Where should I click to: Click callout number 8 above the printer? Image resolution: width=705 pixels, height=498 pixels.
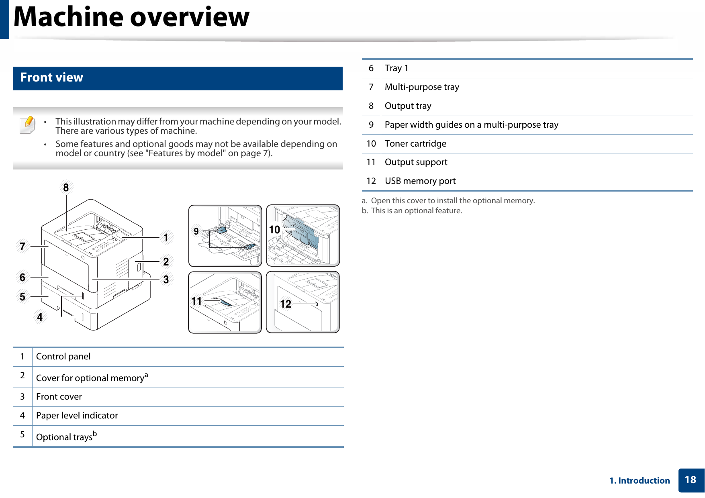tap(66, 188)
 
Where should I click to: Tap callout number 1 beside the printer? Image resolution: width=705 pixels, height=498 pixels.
tap(166, 237)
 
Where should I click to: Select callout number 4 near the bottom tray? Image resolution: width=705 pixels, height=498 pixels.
tap(40, 317)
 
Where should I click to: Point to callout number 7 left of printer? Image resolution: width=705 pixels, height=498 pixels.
tap(22, 246)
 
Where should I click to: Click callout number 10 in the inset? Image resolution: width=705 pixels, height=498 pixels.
tap(274, 230)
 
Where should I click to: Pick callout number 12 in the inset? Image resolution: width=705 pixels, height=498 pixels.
tap(286, 304)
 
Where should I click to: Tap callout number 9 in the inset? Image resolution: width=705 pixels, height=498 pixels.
tap(196, 231)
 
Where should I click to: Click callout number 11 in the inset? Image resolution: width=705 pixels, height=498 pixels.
tap(196, 301)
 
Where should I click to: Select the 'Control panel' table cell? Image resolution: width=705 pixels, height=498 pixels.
tap(63, 357)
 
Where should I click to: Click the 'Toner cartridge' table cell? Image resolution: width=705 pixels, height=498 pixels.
tap(415, 144)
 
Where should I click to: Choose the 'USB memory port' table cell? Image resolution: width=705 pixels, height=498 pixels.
tap(420, 181)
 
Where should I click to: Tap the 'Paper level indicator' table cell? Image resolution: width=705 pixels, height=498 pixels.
tap(77, 416)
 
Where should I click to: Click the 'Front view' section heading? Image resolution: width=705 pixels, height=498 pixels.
tap(52, 78)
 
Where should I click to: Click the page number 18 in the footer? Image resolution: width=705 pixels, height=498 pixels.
tap(690, 480)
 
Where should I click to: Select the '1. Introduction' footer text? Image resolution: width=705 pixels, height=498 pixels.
tap(640, 481)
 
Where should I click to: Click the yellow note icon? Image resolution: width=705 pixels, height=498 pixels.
tap(27, 125)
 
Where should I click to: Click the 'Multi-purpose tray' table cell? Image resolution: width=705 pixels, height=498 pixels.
tap(422, 87)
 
